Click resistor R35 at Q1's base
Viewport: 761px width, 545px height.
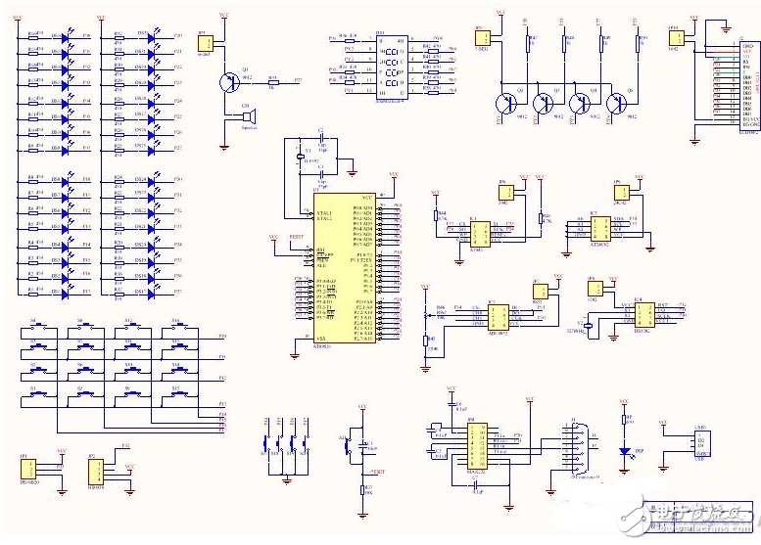tap(273, 83)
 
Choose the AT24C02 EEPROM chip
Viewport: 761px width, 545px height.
tap(598, 228)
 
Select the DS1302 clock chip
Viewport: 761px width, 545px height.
tap(644, 314)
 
